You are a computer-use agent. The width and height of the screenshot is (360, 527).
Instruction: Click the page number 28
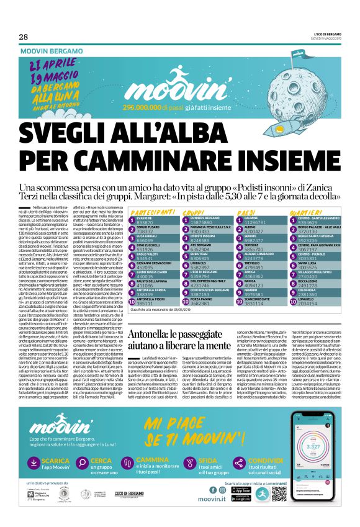click(x=23, y=37)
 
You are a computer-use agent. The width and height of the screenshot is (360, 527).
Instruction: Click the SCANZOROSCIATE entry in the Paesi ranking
click(x=261, y=302)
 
